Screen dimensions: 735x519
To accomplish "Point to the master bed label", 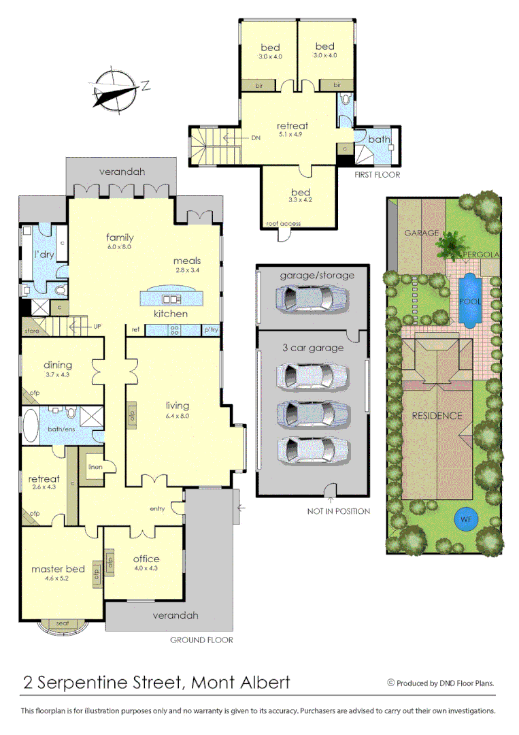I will point(58,569).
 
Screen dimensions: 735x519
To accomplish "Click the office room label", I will point(146,559).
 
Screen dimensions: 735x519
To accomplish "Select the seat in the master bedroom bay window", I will point(62,623).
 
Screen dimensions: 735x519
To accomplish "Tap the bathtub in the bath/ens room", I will point(31,425).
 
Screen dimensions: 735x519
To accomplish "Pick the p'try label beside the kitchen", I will point(211,329).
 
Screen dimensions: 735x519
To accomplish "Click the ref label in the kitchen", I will point(136,329).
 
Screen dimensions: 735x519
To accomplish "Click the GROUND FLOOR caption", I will point(201,640).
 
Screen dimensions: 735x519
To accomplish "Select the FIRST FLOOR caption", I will point(378,175).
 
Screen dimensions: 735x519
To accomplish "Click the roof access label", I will point(282,223).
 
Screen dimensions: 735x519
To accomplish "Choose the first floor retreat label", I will point(292,125).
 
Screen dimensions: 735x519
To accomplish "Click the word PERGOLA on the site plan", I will point(481,255).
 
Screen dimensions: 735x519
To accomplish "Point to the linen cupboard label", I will point(95,467).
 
